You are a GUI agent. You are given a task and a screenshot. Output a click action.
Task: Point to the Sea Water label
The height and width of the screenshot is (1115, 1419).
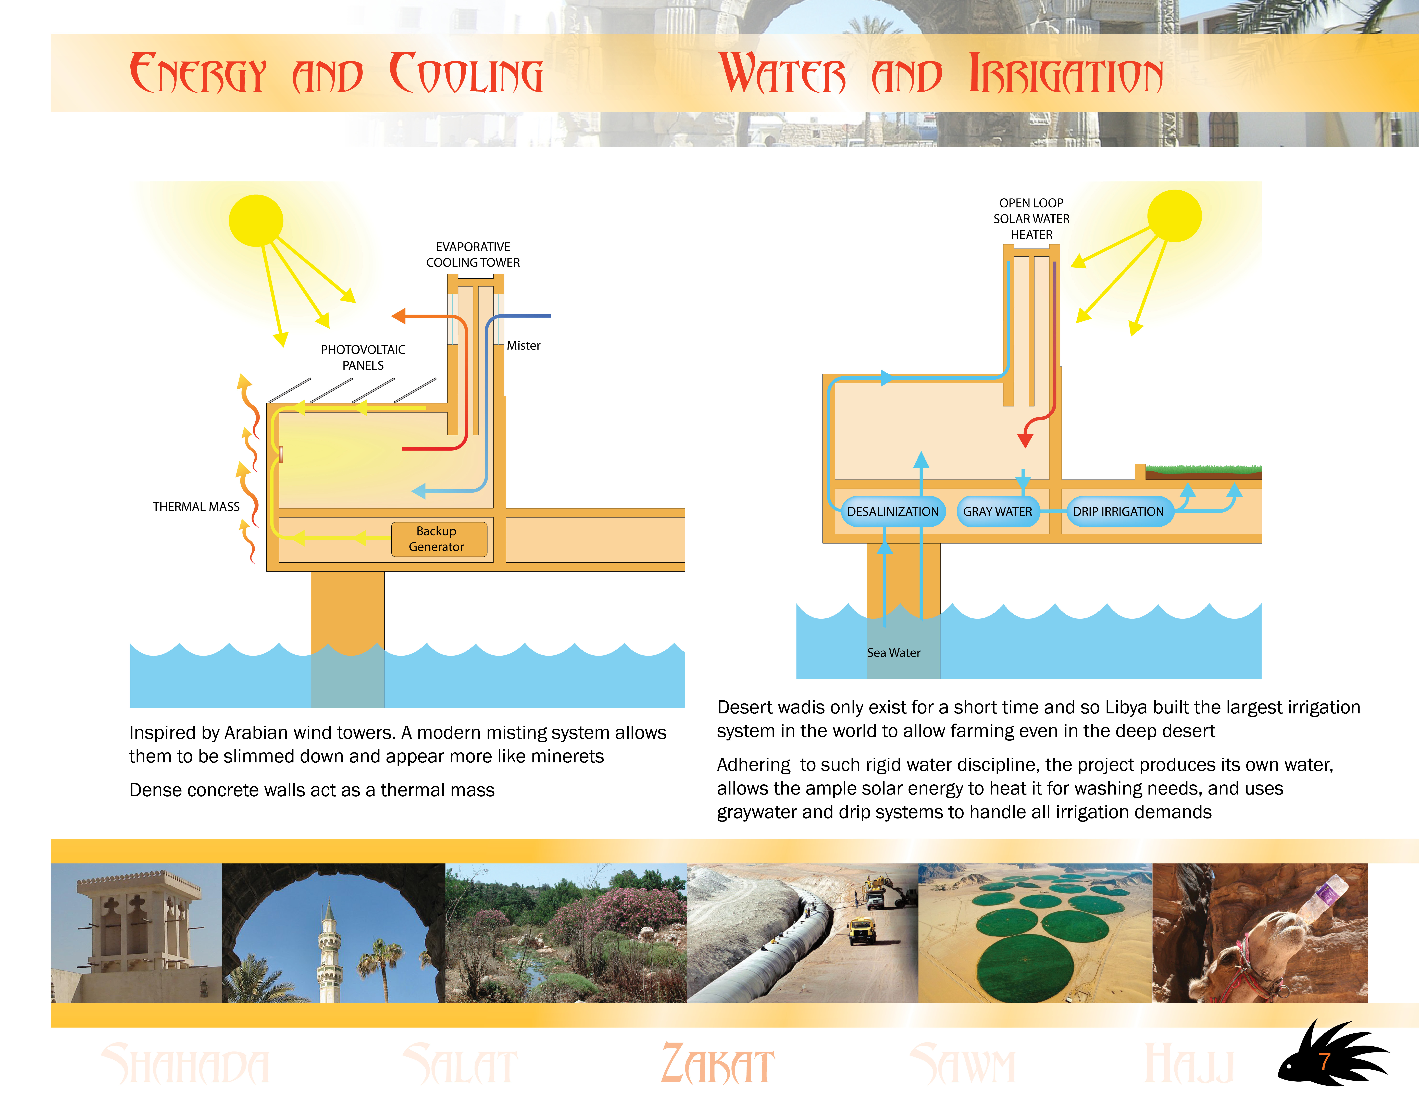click(x=894, y=653)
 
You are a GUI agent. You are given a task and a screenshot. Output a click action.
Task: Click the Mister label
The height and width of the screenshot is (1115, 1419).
click(x=524, y=345)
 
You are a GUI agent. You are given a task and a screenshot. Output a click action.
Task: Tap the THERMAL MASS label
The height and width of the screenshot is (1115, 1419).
click(x=196, y=507)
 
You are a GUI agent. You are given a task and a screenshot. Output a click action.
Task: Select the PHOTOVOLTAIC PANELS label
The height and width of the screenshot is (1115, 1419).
click(x=363, y=357)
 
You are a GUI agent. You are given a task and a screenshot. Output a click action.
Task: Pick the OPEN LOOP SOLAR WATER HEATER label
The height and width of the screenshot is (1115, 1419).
click(x=1031, y=219)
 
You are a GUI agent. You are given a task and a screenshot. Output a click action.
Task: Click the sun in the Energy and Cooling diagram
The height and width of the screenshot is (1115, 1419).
click(x=256, y=221)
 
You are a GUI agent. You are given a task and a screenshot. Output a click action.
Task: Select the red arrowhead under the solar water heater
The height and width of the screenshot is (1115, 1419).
click(x=1025, y=441)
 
